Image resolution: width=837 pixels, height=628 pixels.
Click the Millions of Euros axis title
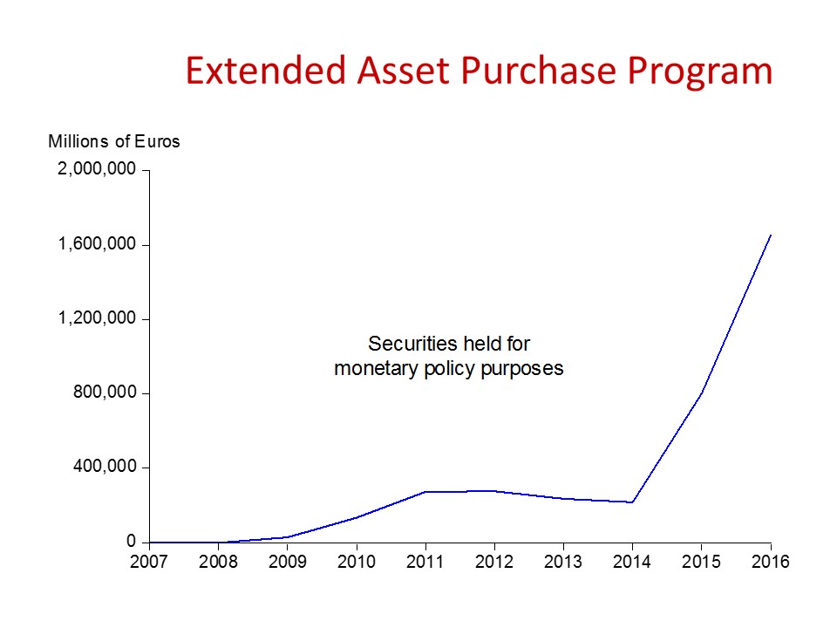coord(114,141)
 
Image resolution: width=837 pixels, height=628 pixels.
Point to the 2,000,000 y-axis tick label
coord(97,169)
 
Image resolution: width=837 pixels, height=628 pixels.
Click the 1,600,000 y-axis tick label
coord(97,244)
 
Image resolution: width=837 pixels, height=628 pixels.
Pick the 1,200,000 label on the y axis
coord(97,318)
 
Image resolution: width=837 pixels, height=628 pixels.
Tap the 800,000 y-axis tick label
coord(104,392)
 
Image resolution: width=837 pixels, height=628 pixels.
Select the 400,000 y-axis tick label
coord(104,468)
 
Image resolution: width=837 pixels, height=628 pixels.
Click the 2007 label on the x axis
coord(149,562)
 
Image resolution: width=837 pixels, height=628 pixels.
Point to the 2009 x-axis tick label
coord(288,562)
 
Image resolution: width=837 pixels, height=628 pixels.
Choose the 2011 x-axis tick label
coord(425,562)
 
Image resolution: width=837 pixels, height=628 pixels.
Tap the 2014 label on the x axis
coord(632,562)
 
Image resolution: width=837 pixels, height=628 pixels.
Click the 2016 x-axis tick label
coord(770,562)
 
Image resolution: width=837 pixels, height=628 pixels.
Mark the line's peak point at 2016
coord(771,235)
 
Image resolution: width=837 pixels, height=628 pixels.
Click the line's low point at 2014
coord(632,502)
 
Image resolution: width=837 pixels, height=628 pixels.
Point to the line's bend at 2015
coord(702,392)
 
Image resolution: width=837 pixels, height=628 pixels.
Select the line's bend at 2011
coord(425,492)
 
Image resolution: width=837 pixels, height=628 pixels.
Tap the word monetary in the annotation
coord(372,368)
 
